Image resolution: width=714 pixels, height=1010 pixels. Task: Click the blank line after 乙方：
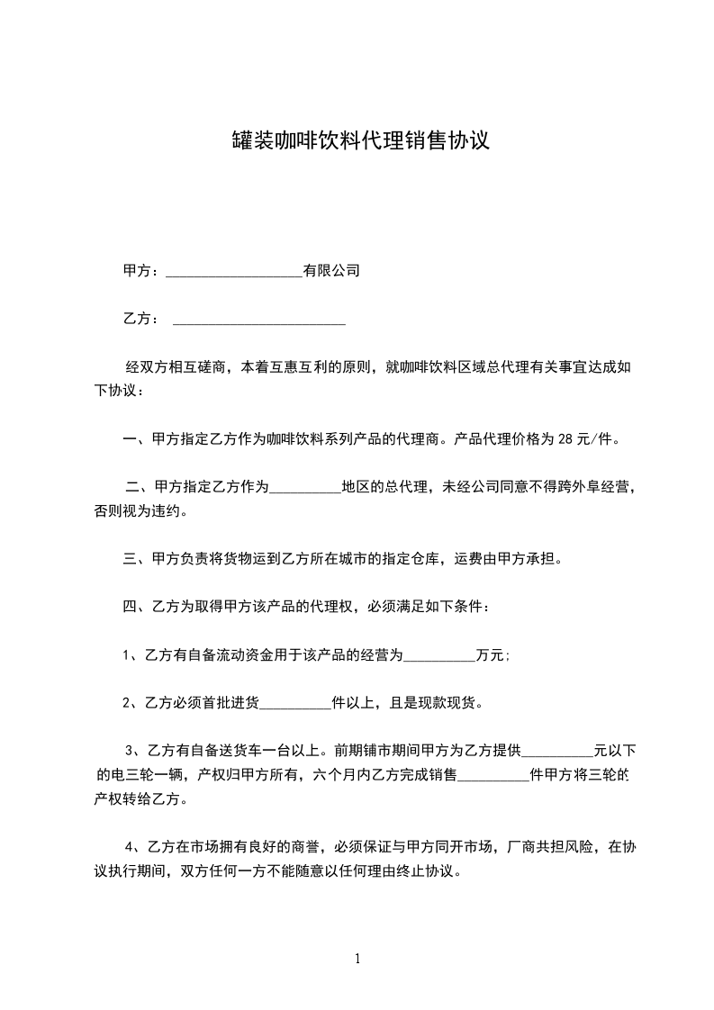(258, 320)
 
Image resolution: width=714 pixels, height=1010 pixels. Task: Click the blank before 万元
(439, 656)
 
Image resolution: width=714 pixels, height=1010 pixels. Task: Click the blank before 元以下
(557, 751)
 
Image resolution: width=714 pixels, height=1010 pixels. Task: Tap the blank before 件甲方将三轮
(494, 775)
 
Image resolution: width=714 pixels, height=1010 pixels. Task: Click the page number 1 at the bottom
(357, 959)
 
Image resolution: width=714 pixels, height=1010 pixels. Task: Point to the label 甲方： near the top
(141, 271)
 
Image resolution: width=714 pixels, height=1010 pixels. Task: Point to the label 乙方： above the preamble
(141, 320)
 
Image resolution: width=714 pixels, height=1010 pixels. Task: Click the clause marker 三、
(137, 560)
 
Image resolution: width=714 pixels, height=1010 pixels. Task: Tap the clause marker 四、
(137, 608)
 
